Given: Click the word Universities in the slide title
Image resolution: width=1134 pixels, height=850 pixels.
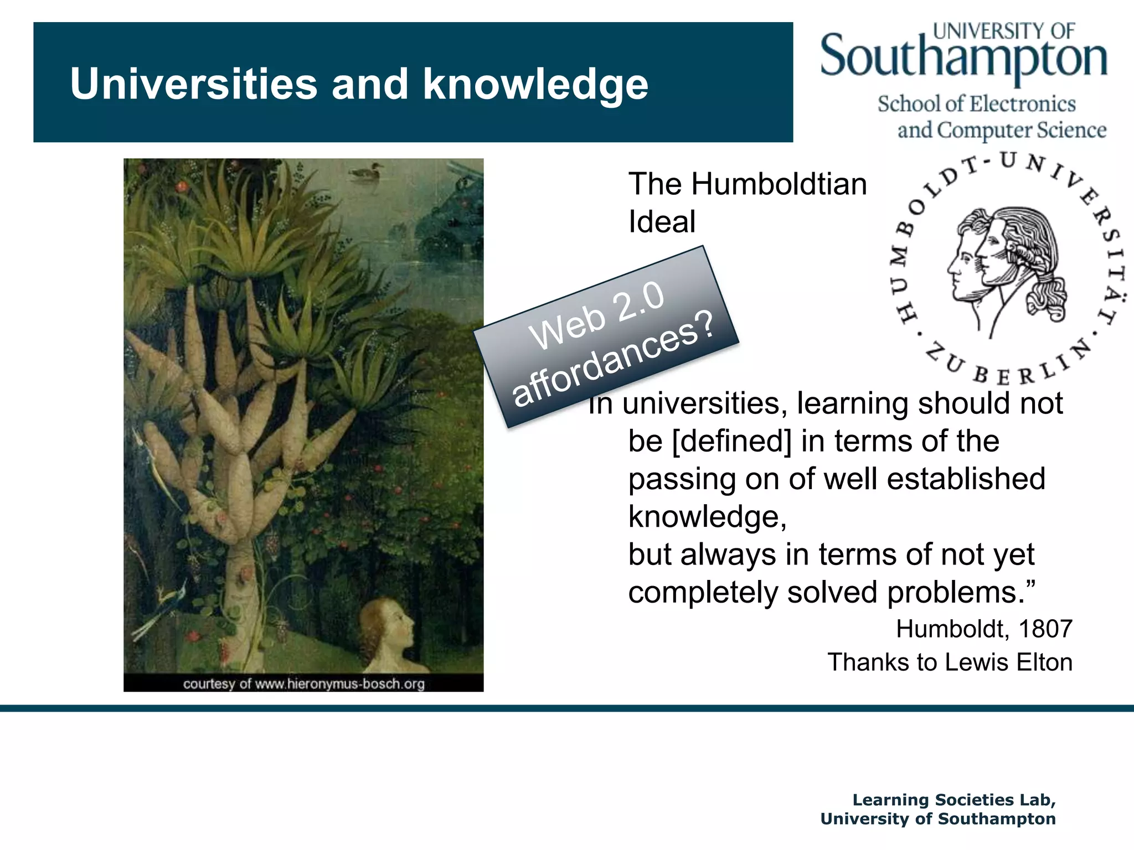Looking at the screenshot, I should point(194,84).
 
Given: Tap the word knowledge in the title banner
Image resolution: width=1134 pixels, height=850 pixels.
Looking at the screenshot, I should point(535,84).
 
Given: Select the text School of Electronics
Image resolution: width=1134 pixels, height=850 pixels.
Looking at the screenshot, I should point(976,104).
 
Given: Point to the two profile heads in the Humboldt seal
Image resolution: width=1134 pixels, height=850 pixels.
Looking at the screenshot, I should point(1002,260).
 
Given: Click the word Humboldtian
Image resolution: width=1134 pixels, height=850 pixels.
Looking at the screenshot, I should point(779,184).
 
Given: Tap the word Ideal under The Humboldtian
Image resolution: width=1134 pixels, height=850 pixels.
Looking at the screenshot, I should point(662,222).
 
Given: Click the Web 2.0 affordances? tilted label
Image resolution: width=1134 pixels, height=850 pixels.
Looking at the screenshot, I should point(606,336).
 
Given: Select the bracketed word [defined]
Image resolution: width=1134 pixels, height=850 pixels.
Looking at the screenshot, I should point(731,441).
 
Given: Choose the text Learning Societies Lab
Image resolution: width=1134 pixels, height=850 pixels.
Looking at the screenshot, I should point(953,800).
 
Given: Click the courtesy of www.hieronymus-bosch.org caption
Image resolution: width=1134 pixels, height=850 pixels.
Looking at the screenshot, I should point(303,684).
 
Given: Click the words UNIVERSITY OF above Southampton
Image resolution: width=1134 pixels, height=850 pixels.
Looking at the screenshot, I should point(1004,31).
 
